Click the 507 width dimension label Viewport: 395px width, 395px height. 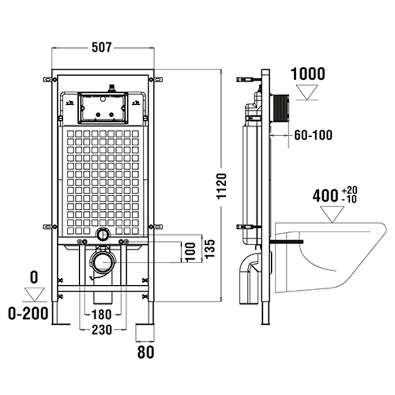[x=102, y=48]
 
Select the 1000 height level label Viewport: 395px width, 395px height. [x=308, y=74]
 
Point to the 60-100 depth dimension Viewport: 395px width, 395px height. [x=313, y=135]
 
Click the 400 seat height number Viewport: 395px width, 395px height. [x=325, y=196]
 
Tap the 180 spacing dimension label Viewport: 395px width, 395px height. [x=102, y=315]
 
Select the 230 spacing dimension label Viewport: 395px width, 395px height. [x=102, y=329]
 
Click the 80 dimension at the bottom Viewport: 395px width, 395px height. [x=145, y=352]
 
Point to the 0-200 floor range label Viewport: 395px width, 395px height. [x=28, y=313]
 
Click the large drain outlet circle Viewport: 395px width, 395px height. [x=103, y=261]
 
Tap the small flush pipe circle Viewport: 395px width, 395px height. [x=103, y=234]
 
